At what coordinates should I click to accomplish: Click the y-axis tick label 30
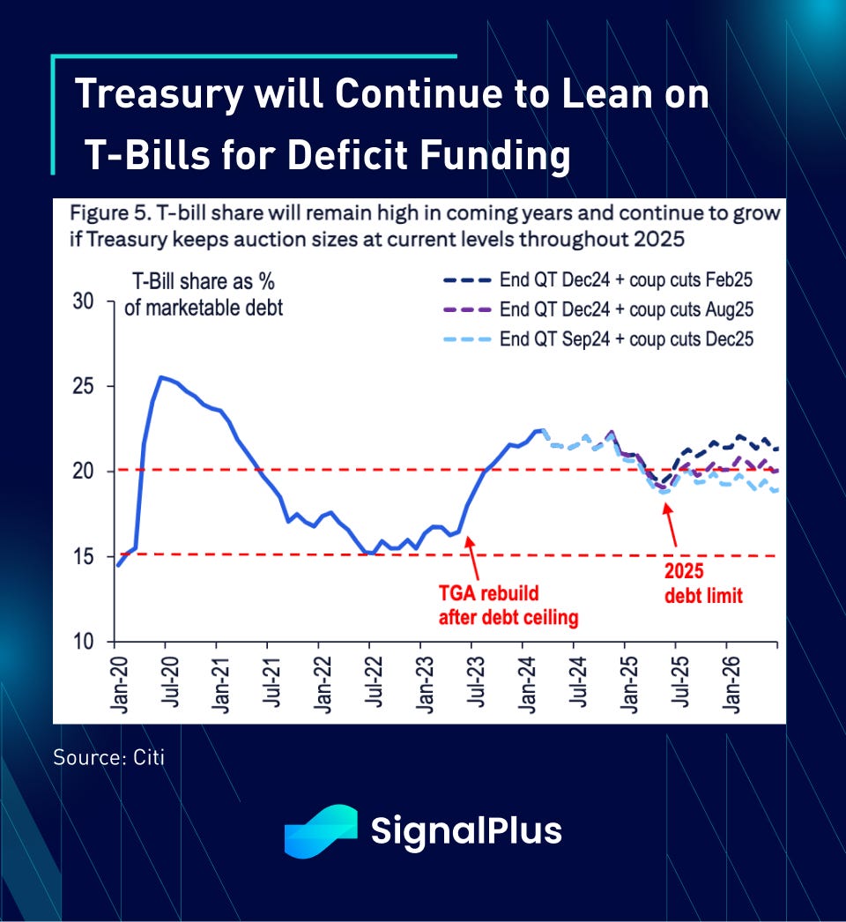(83, 301)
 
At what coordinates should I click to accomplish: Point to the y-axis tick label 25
(83, 387)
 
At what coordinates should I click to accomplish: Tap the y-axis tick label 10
(83, 643)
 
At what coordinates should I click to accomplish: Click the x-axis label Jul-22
(374, 684)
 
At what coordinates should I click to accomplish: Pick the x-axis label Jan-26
(730, 684)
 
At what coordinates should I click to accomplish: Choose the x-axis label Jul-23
(475, 684)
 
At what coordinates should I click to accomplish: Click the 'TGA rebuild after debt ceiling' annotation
(508, 606)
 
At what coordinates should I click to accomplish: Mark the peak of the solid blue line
(160, 377)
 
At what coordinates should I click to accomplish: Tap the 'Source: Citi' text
(108, 757)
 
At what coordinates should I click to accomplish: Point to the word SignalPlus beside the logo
(466, 831)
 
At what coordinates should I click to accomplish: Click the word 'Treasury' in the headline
(158, 94)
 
